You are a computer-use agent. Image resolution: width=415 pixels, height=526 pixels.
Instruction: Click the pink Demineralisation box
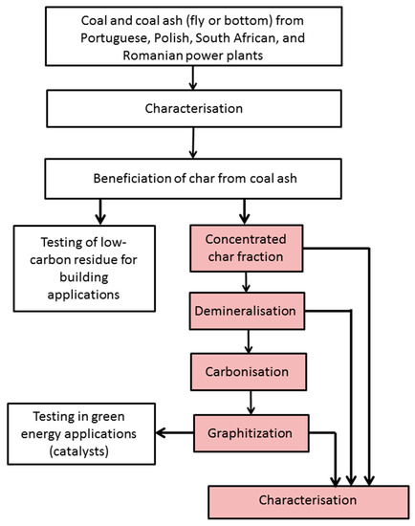(251, 312)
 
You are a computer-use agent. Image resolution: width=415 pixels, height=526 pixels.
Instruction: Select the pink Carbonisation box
(251, 369)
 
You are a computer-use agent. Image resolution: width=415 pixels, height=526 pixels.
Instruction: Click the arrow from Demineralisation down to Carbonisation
(251, 340)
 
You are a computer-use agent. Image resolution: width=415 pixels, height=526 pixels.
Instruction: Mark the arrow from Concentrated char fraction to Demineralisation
(251, 283)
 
